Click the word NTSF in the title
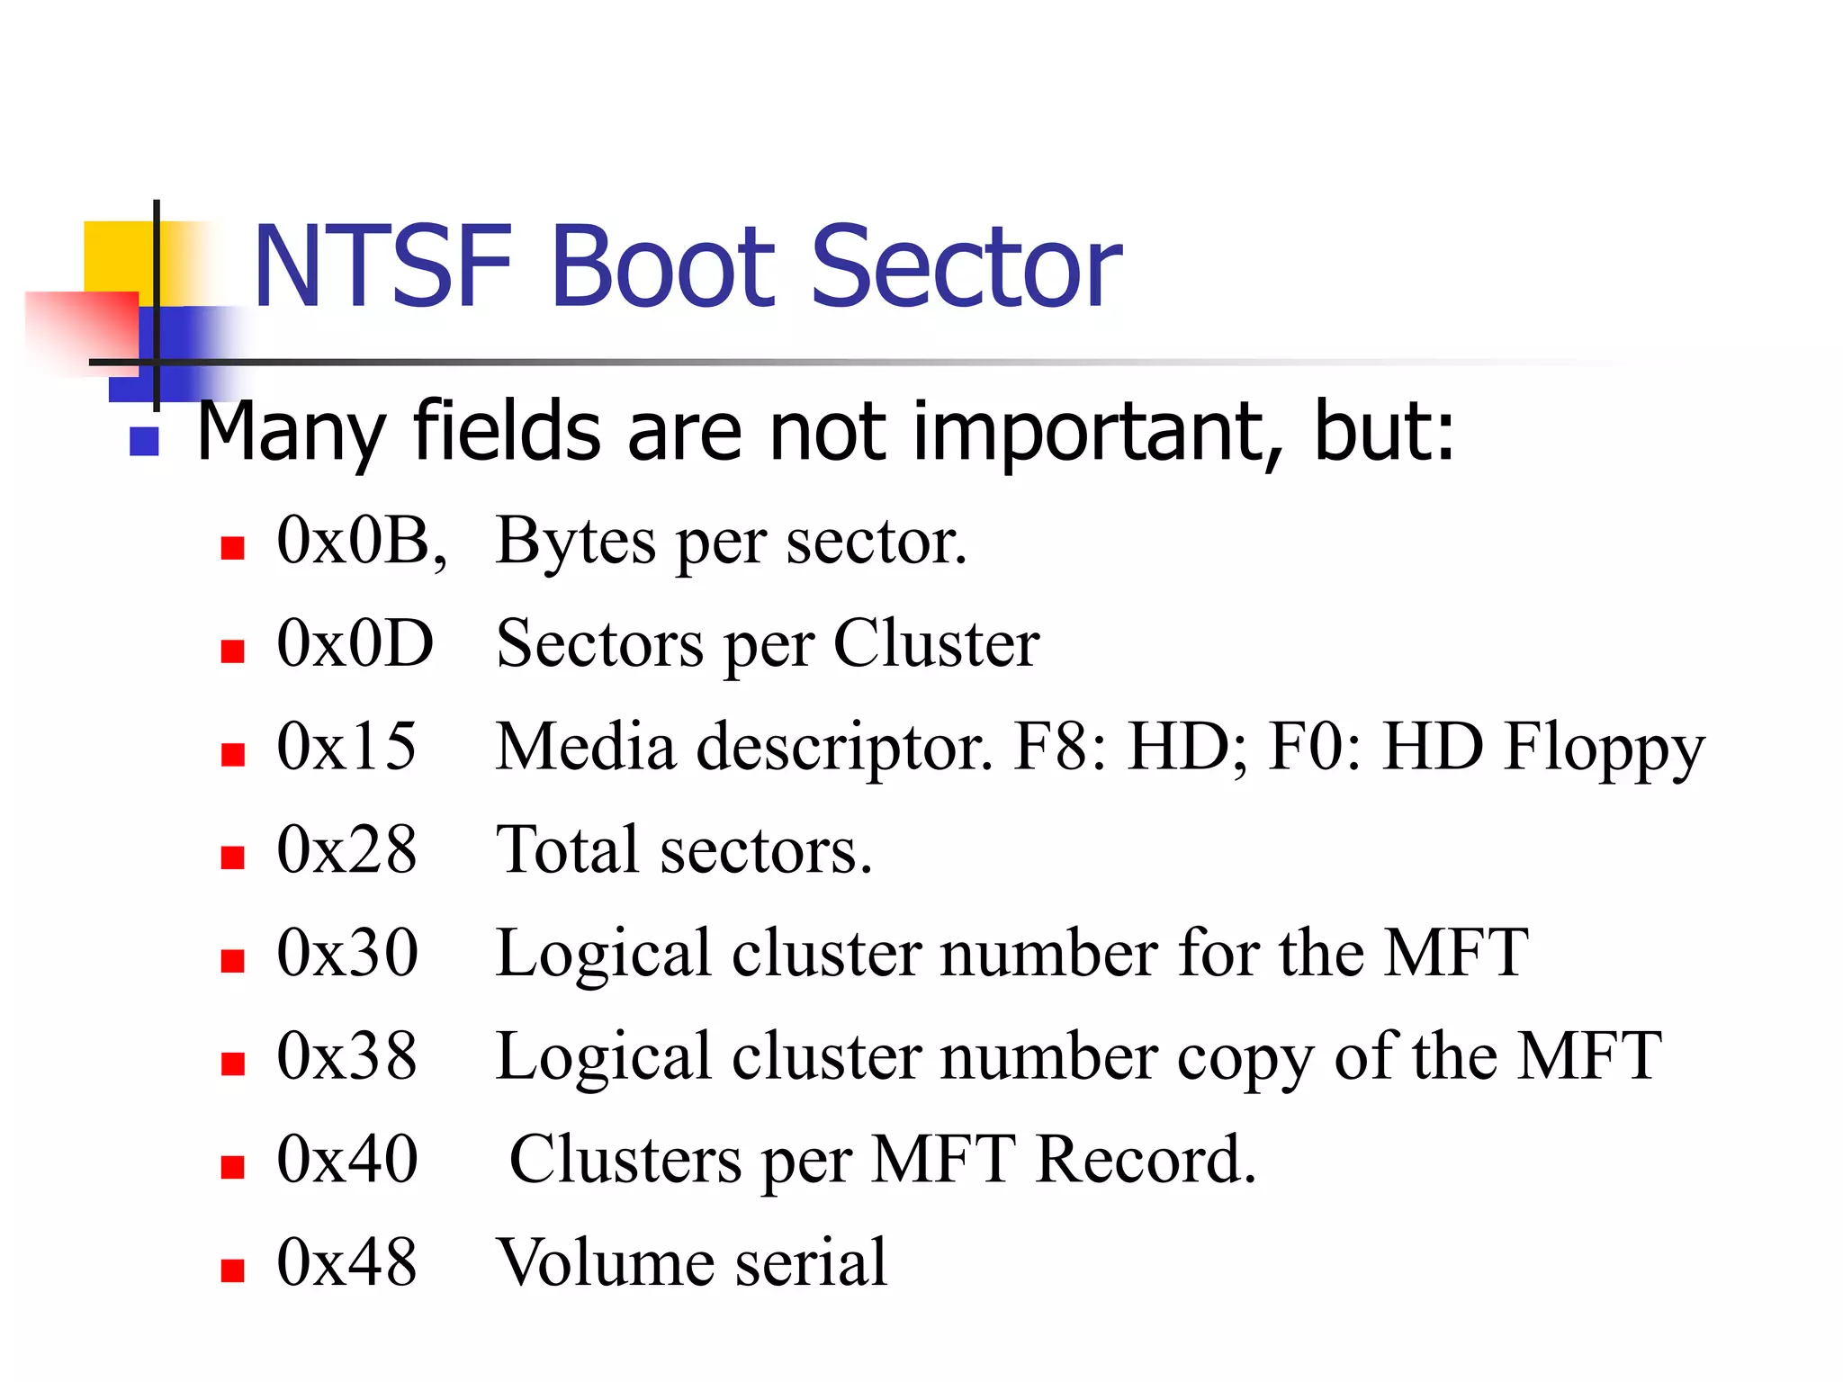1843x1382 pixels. (382, 267)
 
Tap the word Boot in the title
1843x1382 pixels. (663, 267)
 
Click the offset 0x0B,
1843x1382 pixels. (361, 542)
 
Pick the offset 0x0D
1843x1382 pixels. (355, 644)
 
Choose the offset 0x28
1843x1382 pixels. (346, 850)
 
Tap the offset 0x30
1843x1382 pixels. (347, 953)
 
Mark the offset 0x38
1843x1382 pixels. (347, 1056)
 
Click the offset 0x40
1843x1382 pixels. (347, 1160)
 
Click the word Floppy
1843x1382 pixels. (1605, 749)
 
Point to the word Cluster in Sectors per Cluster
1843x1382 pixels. (936, 644)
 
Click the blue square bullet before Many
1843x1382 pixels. (144, 441)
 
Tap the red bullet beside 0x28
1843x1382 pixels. (233, 857)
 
